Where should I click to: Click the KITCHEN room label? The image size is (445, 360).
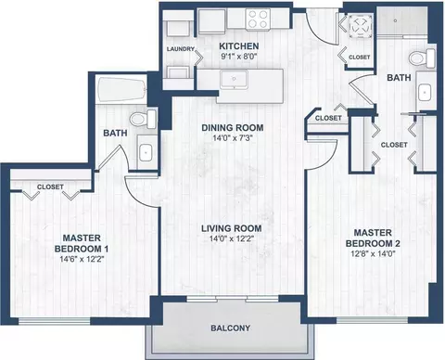pyautogui.click(x=239, y=46)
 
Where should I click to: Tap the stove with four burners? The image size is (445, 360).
pyautogui.click(x=258, y=19)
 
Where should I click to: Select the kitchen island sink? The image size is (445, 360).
pyautogui.click(x=234, y=79)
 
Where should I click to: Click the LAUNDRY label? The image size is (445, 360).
pyautogui.click(x=181, y=49)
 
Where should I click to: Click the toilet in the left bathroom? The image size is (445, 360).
pyautogui.click(x=143, y=119)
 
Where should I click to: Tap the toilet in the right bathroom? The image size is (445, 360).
pyautogui.click(x=423, y=58)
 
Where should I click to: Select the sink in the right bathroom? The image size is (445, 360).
pyautogui.click(x=425, y=92)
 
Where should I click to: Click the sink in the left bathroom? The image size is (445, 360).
pyautogui.click(x=145, y=153)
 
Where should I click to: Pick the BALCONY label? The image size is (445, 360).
pyautogui.click(x=230, y=328)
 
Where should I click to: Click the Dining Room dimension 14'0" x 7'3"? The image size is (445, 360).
pyautogui.click(x=233, y=138)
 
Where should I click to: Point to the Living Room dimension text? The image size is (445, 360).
pyautogui.click(x=232, y=238)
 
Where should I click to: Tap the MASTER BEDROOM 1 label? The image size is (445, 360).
pyautogui.click(x=82, y=243)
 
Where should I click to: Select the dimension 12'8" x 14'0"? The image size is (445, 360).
pyautogui.click(x=374, y=254)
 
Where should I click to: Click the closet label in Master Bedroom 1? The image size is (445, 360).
pyautogui.click(x=50, y=187)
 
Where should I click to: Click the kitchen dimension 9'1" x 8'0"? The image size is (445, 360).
pyautogui.click(x=238, y=57)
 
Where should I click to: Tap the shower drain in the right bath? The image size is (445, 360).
pyautogui.click(x=395, y=20)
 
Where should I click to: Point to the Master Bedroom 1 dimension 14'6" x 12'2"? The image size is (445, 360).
pyautogui.click(x=82, y=259)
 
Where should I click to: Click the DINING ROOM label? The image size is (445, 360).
pyautogui.click(x=233, y=128)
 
